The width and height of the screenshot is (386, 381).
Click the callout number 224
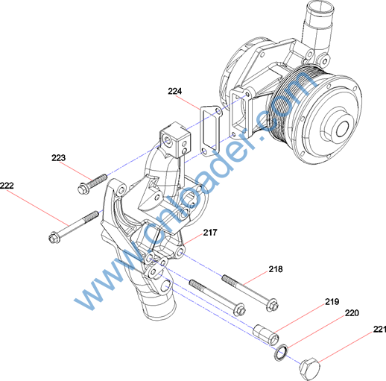(175, 91)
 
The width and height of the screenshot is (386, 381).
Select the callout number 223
(59, 157)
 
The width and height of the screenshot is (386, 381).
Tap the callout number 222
(7, 186)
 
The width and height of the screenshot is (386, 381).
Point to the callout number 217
(210, 233)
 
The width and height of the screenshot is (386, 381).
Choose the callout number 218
(276, 269)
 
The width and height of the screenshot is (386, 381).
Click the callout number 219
(332, 301)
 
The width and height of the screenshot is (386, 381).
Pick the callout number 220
(352, 313)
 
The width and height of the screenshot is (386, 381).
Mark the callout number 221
(379, 329)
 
